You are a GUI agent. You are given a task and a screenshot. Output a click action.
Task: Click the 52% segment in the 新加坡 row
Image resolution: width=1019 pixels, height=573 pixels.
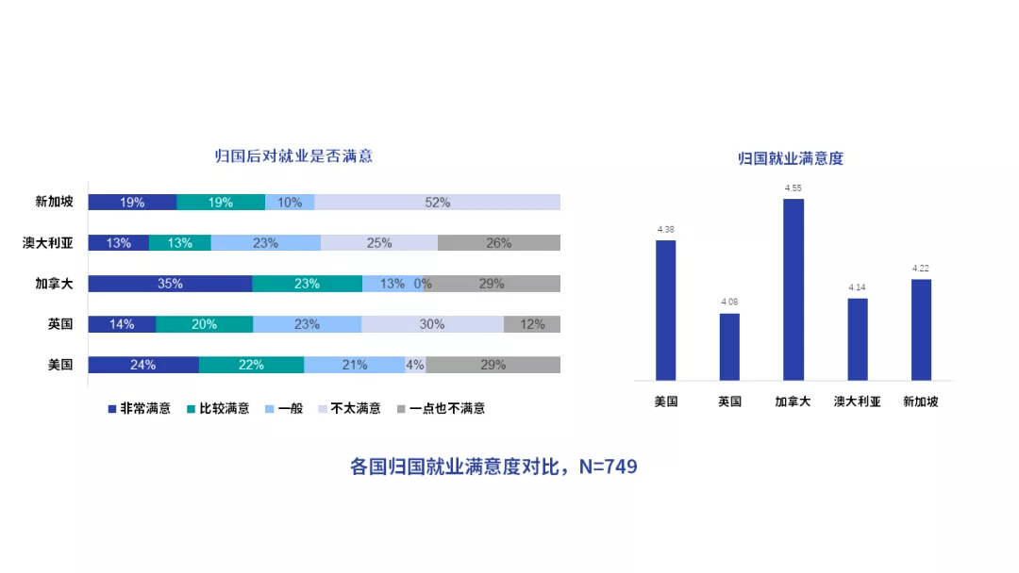point(437,203)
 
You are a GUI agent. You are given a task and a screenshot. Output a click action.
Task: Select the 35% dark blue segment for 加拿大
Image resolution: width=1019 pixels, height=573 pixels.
point(170,284)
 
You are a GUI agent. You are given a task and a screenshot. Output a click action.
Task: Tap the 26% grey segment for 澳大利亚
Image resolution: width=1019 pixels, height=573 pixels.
point(499,243)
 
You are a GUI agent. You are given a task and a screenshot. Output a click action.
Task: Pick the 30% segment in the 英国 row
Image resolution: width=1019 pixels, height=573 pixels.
point(432,324)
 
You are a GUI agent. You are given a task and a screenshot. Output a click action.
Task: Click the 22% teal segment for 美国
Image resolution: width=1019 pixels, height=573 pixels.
point(251,365)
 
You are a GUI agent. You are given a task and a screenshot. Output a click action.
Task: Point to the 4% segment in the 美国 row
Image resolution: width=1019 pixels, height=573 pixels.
point(415,365)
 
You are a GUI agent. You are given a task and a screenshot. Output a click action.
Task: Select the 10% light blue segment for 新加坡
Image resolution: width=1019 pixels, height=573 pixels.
point(290,203)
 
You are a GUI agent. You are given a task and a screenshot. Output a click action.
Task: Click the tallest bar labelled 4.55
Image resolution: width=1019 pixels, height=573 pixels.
point(793,289)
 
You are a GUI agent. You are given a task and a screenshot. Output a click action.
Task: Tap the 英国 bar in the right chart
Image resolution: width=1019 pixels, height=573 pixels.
point(729,347)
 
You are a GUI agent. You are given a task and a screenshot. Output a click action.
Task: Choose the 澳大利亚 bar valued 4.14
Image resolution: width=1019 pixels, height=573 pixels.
point(858,339)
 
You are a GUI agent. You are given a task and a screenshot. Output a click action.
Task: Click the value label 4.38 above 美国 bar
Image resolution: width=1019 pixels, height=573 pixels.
point(665,229)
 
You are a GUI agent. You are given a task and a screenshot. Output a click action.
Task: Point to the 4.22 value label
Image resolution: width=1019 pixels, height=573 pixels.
point(921,269)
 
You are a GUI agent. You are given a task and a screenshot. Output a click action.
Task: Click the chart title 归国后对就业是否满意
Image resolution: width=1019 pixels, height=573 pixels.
point(293,156)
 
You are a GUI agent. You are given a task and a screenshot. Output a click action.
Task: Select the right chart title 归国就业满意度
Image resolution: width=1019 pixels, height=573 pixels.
point(791,159)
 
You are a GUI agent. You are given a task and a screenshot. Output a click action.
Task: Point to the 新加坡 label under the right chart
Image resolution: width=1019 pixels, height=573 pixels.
point(921,401)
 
